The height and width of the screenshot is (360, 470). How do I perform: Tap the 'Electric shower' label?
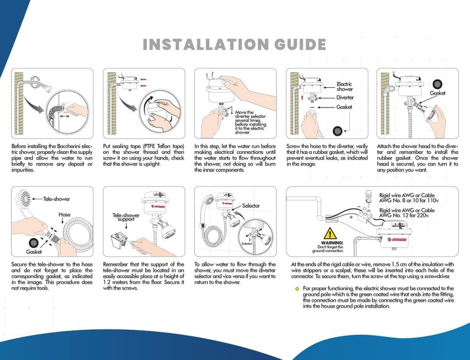(x=345, y=86)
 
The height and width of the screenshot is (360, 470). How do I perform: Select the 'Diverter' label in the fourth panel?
(x=345, y=98)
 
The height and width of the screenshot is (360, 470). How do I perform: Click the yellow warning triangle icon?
(x=330, y=233)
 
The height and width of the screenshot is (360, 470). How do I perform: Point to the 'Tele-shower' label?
(x=56, y=199)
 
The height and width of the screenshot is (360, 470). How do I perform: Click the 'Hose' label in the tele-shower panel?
(x=64, y=214)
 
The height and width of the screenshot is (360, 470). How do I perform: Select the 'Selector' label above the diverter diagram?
(x=251, y=206)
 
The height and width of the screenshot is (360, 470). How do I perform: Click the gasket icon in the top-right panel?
(x=438, y=85)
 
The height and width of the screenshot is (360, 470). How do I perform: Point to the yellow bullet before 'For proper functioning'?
(x=297, y=288)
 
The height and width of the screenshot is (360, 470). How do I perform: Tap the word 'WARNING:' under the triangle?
(x=331, y=242)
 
